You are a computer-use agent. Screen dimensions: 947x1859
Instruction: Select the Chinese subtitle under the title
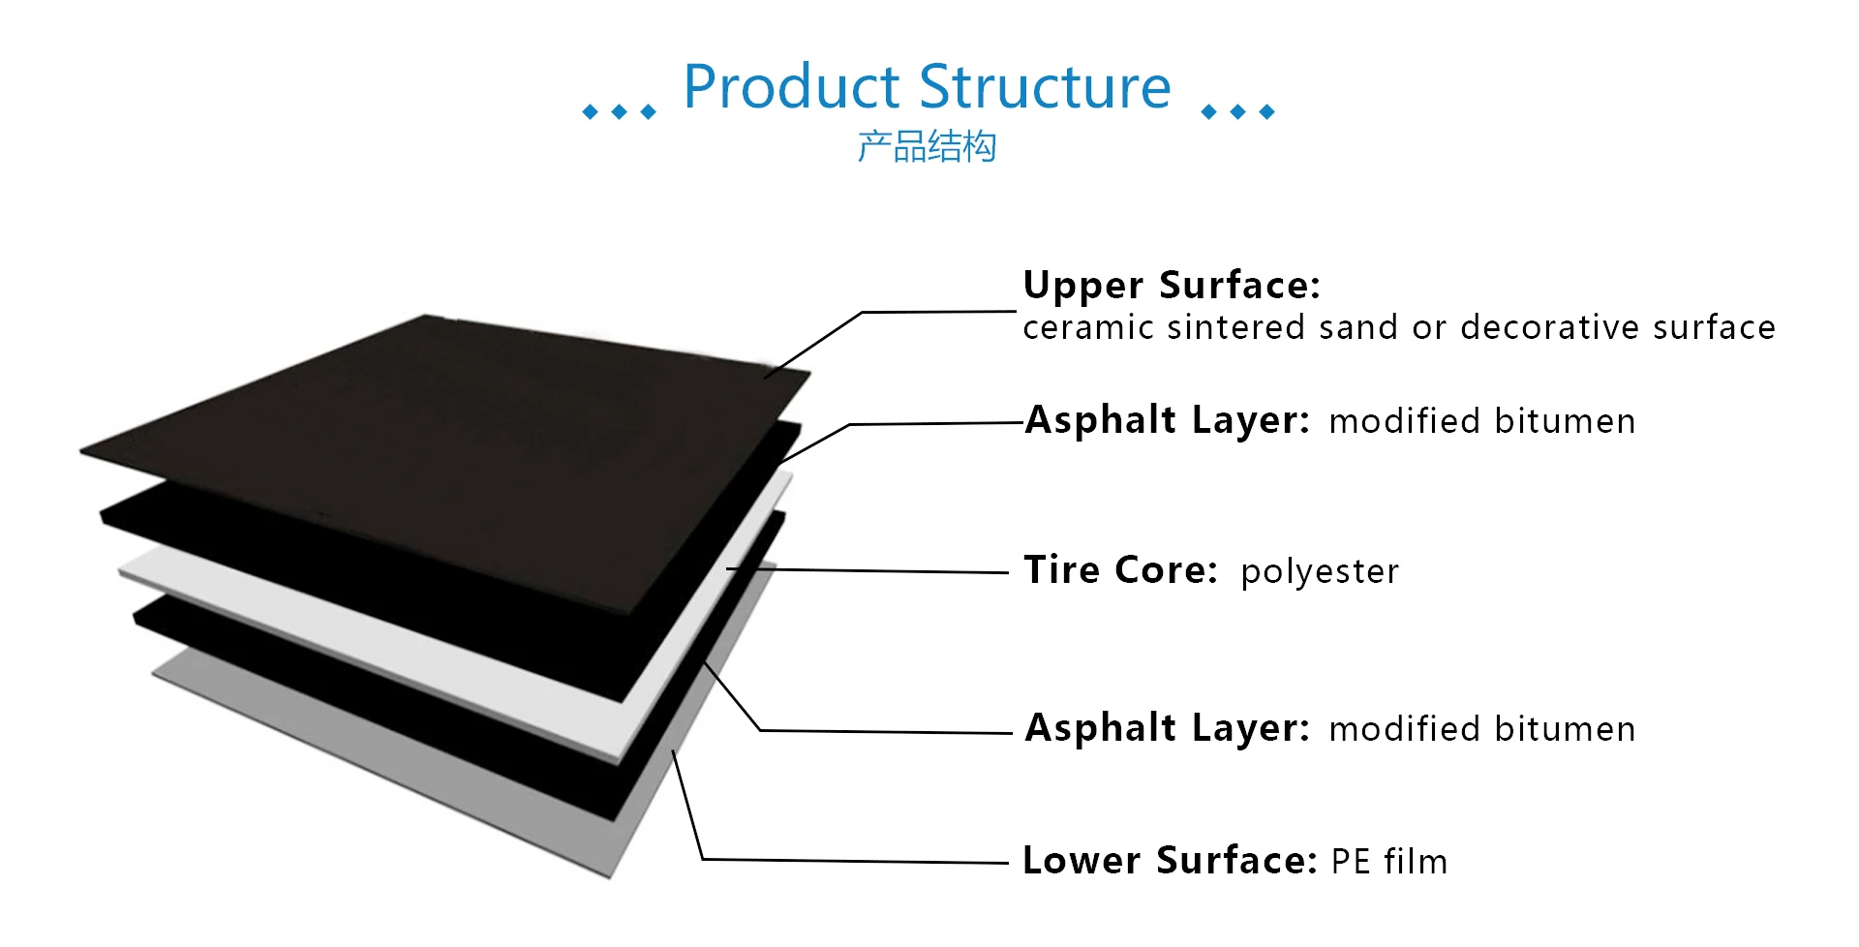pos(927,147)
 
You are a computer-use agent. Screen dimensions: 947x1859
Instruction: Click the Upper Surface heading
pos(1172,286)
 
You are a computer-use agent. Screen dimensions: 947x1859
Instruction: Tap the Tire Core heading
pos(1120,570)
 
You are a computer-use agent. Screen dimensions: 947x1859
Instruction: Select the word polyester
pos(1320,572)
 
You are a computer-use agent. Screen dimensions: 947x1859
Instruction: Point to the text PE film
pos(1389,862)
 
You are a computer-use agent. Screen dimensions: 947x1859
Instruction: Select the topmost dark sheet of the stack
pos(436,426)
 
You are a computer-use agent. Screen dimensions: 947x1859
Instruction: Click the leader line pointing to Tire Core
pos(871,571)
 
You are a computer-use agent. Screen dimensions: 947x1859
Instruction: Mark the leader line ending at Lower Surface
pos(852,861)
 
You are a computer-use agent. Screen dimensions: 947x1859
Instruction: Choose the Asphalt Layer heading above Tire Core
pos(1167,421)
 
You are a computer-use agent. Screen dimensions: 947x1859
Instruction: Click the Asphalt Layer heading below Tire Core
pos(1167,728)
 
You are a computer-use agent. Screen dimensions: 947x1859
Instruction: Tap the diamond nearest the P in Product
pos(649,112)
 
